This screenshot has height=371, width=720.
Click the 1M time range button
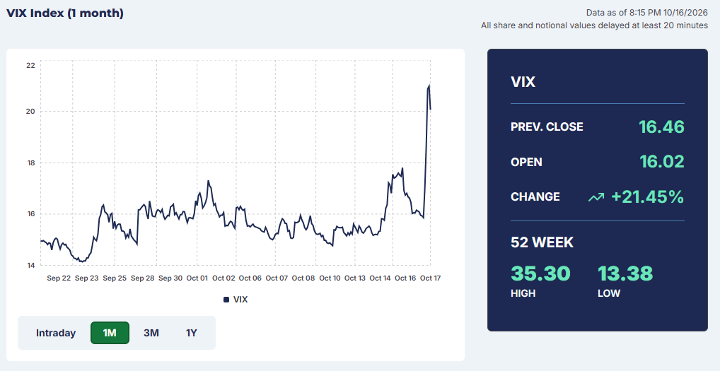[x=110, y=332]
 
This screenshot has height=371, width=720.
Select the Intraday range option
[x=56, y=333]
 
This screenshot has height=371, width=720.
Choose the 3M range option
[x=151, y=333]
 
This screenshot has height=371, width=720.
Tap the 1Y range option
[x=192, y=333]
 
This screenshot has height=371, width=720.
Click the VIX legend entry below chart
[x=236, y=300]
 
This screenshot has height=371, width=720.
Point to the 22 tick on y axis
[x=30, y=65]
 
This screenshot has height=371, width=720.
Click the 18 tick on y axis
[x=30, y=163]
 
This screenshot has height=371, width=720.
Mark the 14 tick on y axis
[x=30, y=265]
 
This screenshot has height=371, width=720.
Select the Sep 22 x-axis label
[x=59, y=278]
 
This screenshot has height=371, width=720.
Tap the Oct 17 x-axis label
[x=430, y=278]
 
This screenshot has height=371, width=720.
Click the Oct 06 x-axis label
[x=250, y=278]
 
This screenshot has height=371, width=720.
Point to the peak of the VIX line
[x=429, y=86]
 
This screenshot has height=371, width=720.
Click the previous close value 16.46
[x=661, y=126]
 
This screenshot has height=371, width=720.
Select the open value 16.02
[x=662, y=161]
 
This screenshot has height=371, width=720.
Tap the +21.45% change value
[x=647, y=196]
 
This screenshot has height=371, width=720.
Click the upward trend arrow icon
[x=596, y=197]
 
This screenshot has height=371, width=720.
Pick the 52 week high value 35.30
[x=540, y=273]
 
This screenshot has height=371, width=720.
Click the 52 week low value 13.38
[x=625, y=273]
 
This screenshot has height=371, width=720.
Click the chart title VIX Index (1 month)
[x=65, y=13]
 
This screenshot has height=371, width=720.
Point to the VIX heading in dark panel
[x=523, y=82]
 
